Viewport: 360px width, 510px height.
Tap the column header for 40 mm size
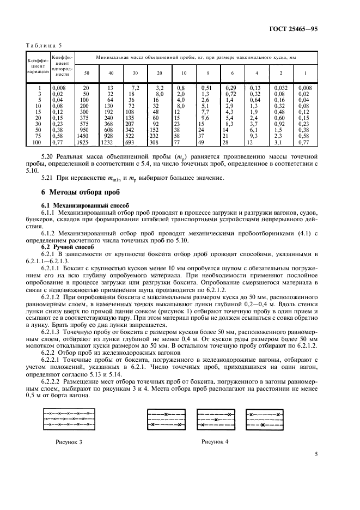click(111, 73)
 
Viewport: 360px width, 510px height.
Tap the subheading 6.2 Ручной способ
click(65, 246)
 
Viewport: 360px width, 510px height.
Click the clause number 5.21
click(49, 177)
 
